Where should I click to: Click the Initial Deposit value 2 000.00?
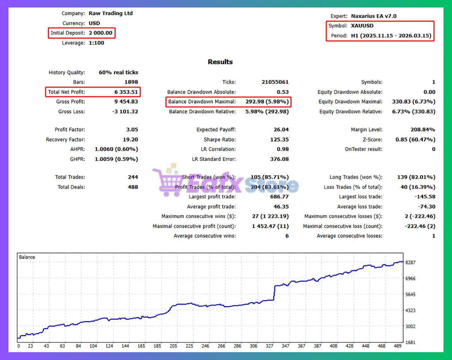point(100,33)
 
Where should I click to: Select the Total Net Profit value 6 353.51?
point(126,92)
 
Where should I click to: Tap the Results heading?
point(220,62)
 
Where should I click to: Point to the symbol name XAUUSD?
point(362,26)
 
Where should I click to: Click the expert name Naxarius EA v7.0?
point(374,16)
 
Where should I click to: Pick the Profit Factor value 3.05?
point(132,130)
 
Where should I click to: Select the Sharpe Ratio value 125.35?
point(279,139)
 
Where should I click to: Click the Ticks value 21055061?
point(275,82)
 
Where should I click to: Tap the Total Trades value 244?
point(133,177)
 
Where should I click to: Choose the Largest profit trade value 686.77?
point(279,197)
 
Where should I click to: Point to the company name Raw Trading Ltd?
point(111,13)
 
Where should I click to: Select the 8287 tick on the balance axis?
point(410,263)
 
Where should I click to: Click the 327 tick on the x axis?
point(269,346)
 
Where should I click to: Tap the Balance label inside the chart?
point(27,257)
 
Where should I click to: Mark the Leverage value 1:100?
point(96,43)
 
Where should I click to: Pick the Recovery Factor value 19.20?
point(130,139)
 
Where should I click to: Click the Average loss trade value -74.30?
point(427,206)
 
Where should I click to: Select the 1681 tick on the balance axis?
point(410,342)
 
